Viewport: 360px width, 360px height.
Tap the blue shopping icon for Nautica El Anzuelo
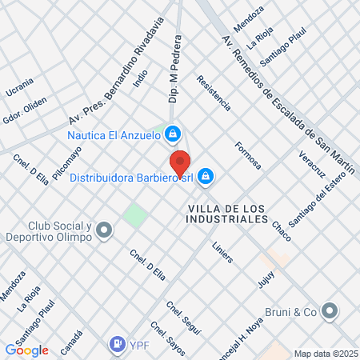[172, 134]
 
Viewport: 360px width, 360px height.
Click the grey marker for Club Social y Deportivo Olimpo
[103, 232]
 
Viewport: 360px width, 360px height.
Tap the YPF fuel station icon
[118, 344]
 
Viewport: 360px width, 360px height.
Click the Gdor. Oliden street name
[24, 109]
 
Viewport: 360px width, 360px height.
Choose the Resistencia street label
[214, 94]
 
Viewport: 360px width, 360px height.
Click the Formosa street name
[248, 154]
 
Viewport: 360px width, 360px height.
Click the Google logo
[26, 350]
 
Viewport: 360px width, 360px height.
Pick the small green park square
[135, 215]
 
